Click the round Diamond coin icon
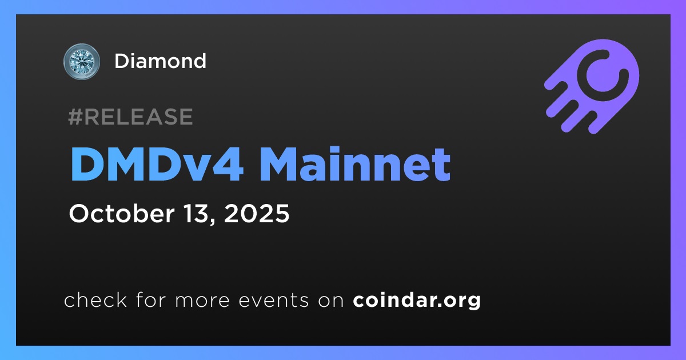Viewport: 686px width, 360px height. coord(81,61)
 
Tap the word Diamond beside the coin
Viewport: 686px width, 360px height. coord(160,61)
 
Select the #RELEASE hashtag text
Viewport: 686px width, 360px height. coord(130,117)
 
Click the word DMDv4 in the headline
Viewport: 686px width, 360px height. coord(157,164)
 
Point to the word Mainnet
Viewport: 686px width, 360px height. coord(355,164)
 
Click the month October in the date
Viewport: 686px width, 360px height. coord(122,213)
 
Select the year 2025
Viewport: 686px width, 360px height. coord(257,213)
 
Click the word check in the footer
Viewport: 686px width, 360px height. coord(95,299)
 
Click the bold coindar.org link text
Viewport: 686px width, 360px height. coord(417,301)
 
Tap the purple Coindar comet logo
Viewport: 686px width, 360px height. coord(591,86)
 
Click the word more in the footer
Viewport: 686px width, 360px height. coord(202,301)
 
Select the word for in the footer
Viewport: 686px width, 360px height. coord(151,299)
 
